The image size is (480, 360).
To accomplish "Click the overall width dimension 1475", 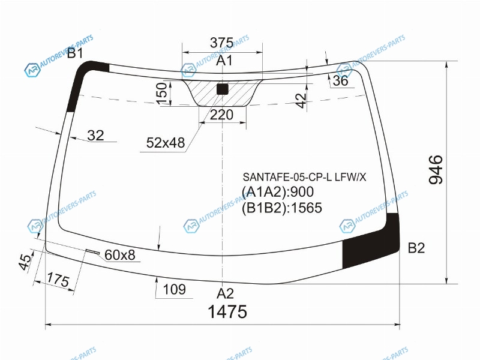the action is point(227,311).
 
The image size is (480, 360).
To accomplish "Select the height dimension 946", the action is point(436,170).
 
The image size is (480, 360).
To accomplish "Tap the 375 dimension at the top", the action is point(221,43).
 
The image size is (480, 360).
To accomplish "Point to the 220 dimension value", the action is point(221,115).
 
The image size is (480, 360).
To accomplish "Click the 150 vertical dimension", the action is point(162,94).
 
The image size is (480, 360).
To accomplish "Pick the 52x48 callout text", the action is point(166,143).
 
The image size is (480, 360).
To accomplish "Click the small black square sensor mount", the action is point(223,89).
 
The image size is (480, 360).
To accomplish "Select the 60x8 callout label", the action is point(119,254).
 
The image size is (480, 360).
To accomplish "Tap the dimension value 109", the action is point(175,289).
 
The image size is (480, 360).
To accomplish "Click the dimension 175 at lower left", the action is point(58,280).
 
